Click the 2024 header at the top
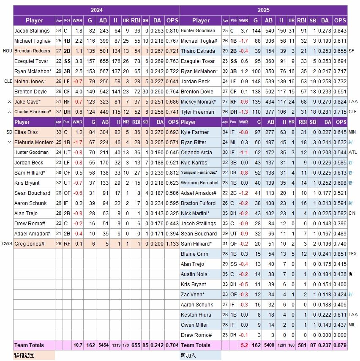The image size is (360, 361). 96,10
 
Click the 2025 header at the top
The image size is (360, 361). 263,10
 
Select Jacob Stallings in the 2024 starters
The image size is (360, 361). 32,30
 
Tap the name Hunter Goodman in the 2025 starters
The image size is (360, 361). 198,30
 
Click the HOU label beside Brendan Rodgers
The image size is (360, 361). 7,51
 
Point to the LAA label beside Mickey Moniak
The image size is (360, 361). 353,101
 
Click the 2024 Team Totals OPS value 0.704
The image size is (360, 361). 172,345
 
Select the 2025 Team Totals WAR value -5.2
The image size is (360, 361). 243,345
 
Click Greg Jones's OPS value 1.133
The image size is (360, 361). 172,243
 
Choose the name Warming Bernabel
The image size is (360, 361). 199,183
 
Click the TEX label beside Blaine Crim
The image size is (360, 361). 353,254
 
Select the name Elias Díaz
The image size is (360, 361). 26,132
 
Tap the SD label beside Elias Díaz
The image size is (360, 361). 9,132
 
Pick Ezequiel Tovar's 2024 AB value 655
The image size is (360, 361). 104,61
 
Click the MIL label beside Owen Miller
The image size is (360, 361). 352,325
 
